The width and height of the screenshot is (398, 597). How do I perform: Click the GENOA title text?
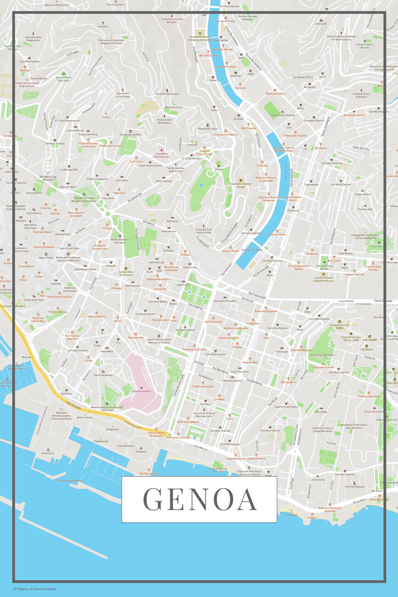[x=199, y=499]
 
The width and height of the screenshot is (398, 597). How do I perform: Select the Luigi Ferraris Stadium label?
[x=282, y=115]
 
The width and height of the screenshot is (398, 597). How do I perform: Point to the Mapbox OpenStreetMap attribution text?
[x=35, y=589]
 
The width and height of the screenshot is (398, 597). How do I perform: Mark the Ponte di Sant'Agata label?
[x=252, y=250]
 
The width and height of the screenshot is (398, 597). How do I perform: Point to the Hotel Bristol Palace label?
[x=85, y=269]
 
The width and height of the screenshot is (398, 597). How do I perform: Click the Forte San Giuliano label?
[x=354, y=487]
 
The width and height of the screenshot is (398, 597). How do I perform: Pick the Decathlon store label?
[x=235, y=76]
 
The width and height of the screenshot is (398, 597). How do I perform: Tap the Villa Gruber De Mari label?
[x=131, y=135]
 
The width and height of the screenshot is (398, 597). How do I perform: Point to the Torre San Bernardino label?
[x=167, y=94]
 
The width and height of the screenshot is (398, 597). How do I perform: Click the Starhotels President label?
[x=224, y=301]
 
